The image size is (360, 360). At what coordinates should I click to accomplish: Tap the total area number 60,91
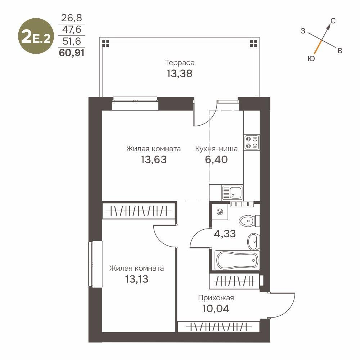[72, 54]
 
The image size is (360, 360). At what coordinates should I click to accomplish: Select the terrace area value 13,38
[179, 74]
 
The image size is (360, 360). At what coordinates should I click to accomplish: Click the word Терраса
[180, 63]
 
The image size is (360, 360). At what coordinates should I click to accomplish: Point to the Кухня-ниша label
[216, 149]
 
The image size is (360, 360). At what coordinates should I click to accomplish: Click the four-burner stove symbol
[251, 142]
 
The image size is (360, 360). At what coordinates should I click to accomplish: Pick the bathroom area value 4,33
[225, 234]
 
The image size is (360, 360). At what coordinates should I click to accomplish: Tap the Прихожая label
[216, 298]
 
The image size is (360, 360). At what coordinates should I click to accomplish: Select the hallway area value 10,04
[216, 309]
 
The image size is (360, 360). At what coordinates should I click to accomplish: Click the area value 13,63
[154, 159]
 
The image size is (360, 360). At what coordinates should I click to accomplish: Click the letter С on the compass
[333, 21]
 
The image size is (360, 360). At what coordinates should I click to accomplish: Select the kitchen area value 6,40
[216, 159]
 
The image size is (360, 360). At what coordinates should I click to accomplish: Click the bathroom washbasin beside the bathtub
[253, 241]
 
